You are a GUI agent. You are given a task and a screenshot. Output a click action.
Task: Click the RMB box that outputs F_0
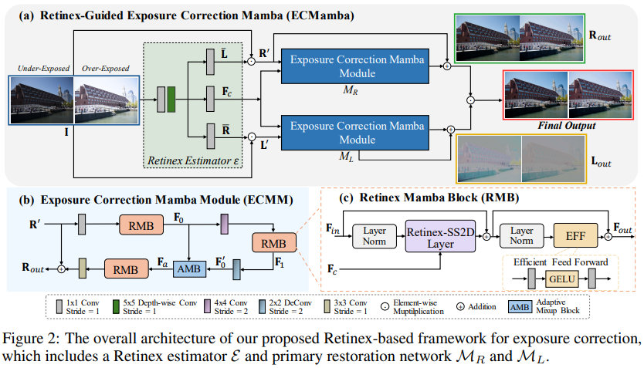point(141,225)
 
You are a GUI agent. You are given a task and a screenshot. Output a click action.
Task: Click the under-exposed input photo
point(42,100)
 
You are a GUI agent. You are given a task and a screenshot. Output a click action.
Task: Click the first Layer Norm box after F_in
point(373,236)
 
